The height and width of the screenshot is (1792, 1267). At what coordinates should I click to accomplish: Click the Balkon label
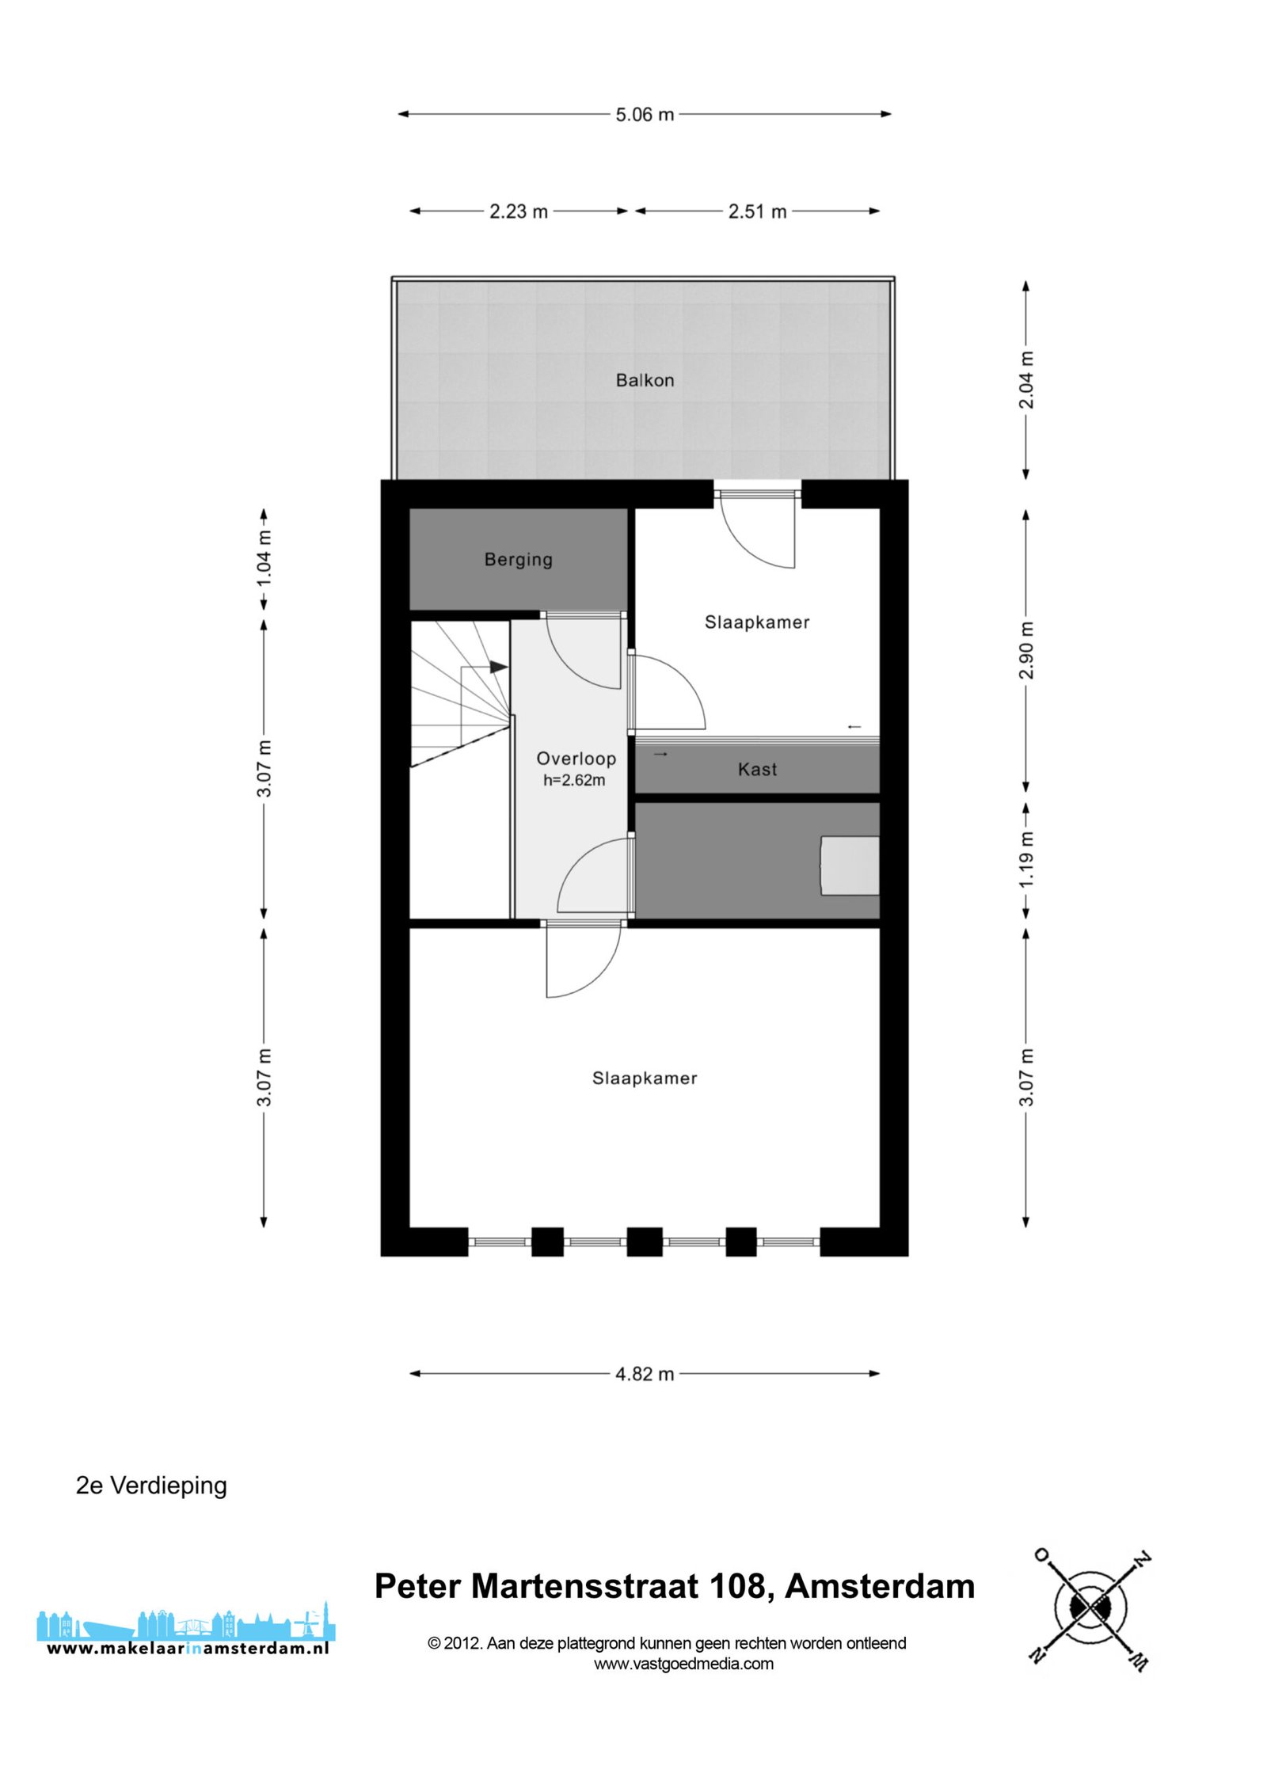click(645, 381)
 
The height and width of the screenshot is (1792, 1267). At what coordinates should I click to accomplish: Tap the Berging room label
click(519, 560)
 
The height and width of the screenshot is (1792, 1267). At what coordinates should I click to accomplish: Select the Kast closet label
click(758, 770)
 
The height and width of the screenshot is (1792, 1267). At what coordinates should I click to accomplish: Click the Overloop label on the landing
click(576, 759)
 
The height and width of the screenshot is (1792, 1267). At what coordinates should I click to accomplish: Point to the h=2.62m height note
click(574, 781)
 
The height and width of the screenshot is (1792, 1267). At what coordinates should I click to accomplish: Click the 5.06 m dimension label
click(645, 115)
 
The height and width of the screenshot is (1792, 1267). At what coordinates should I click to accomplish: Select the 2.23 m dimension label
click(519, 211)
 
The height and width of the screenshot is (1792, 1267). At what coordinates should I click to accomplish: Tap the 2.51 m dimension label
click(758, 211)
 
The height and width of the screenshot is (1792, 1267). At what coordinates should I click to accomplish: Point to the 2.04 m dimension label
click(1026, 380)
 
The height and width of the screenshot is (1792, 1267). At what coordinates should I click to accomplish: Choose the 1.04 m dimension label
click(264, 558)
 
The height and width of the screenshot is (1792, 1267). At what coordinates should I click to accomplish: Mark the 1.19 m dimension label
click(1026, 859)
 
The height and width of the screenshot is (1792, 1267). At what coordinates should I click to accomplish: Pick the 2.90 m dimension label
click(1026, 650)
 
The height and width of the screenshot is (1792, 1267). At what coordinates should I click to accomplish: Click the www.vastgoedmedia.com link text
click(684, 1664)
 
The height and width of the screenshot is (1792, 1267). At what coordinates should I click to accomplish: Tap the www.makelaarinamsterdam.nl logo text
click(188, 1649)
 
